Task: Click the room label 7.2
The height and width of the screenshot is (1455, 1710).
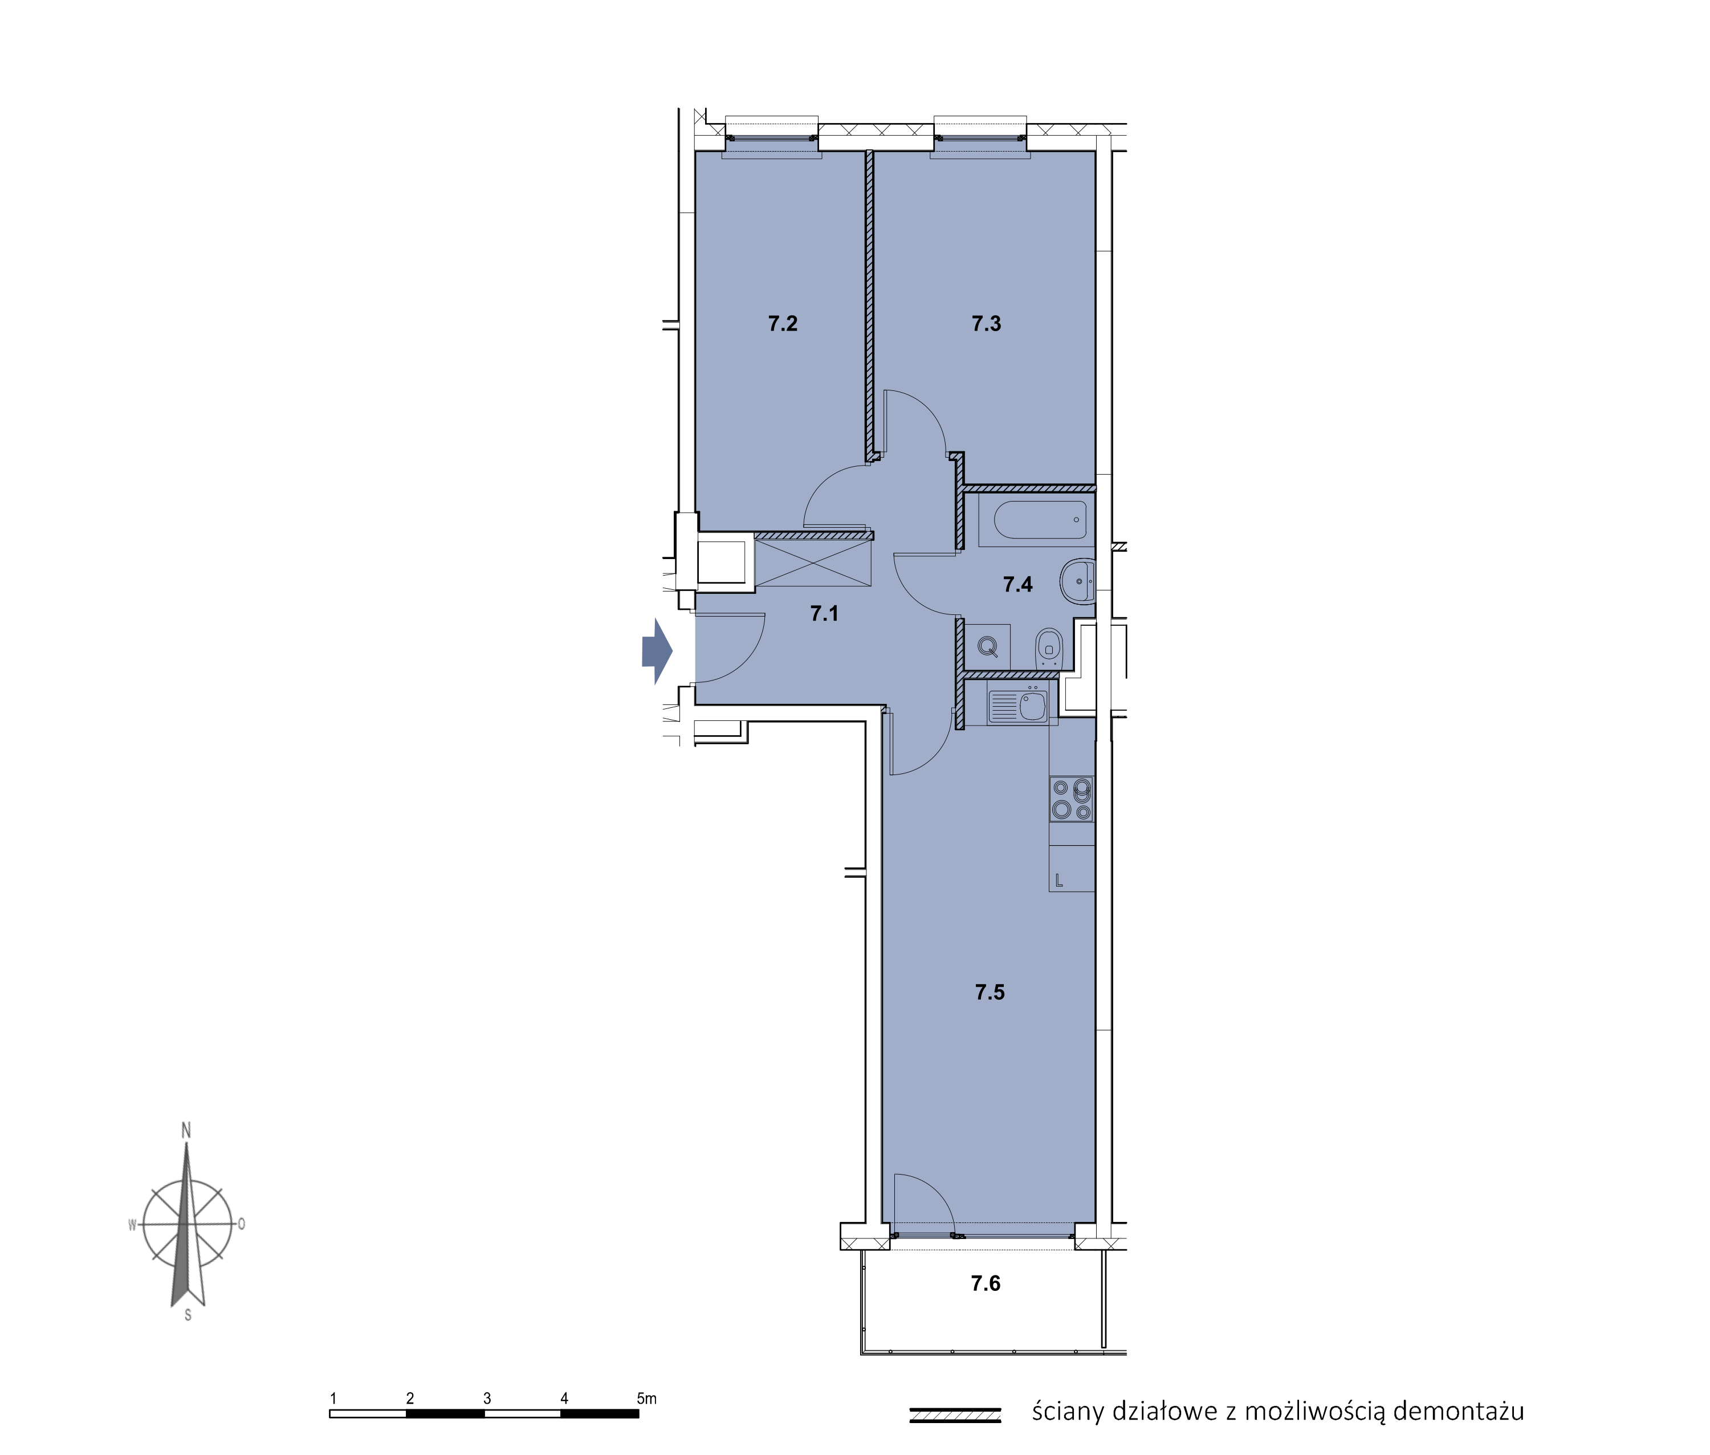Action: click(782, 323)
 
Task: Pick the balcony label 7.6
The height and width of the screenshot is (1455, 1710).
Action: click(985, 1283)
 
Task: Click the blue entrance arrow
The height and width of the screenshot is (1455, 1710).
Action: click(657, 651)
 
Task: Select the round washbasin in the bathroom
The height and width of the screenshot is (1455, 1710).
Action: click(1077, 581)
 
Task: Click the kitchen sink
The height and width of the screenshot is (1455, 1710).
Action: click(1017, 705)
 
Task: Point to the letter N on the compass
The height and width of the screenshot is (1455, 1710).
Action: click(186, 1131)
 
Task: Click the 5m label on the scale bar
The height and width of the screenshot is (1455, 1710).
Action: click(647, 1399)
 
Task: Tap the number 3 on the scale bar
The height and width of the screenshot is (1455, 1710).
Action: click(487, 1399)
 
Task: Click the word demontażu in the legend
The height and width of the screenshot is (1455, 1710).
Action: click(1457, 1411)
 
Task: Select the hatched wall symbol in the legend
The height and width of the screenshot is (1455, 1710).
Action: click(954, 1415)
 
